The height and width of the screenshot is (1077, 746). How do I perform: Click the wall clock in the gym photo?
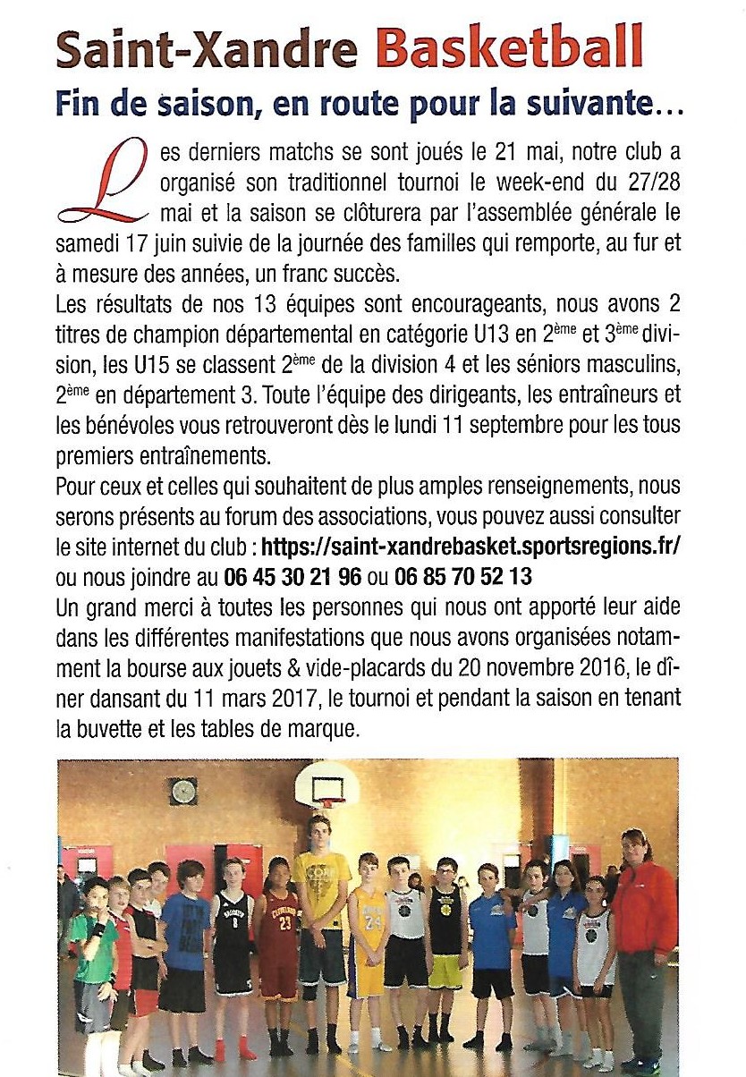pyautogui.click(x=182, y=791)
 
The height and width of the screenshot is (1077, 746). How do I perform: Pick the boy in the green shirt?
pyautogui.click(x=92, y=957)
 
